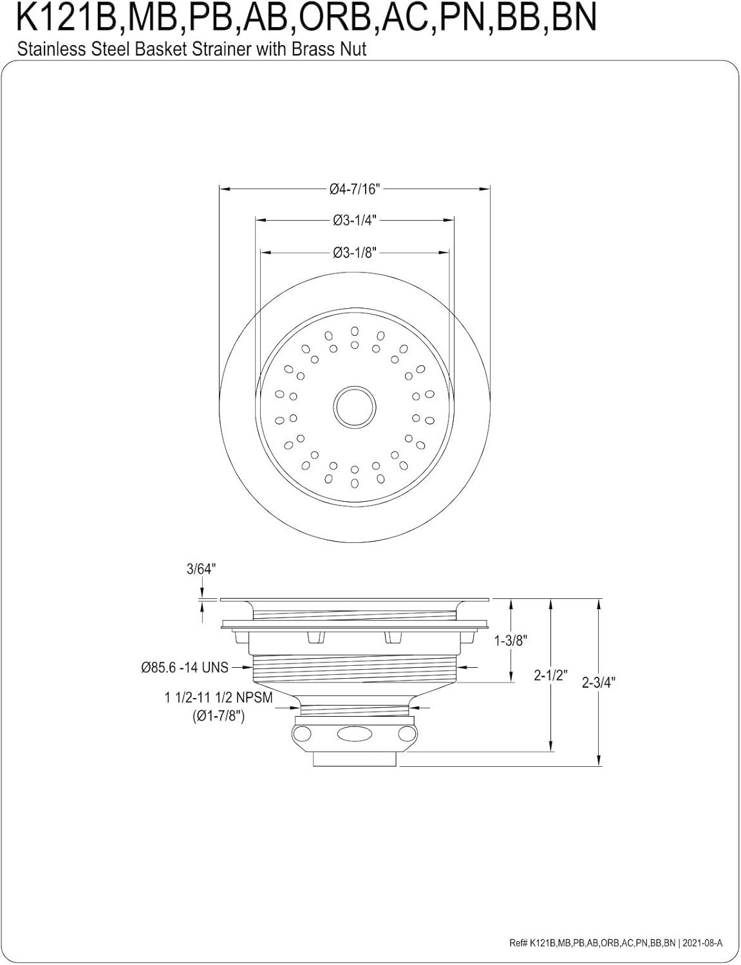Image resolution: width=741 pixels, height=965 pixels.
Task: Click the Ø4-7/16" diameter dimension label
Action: (355, 189)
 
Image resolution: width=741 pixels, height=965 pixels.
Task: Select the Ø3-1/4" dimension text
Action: (355, 221)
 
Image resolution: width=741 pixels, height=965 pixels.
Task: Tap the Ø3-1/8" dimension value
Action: (355, 252)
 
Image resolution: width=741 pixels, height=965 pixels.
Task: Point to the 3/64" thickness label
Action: (201, 569)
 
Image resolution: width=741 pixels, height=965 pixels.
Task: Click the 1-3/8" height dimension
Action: (511, 641)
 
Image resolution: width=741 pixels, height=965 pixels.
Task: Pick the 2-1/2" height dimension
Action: (550, 675)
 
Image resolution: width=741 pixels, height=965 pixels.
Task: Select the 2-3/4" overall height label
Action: (599, 683)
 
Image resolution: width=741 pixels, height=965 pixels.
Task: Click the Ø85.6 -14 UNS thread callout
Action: (185, 668)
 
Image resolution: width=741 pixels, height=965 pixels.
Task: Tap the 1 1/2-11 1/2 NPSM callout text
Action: (218, 698)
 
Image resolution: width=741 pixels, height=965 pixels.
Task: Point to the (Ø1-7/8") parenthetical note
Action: (218, 716)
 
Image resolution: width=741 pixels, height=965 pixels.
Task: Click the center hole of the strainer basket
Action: (355, 405)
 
